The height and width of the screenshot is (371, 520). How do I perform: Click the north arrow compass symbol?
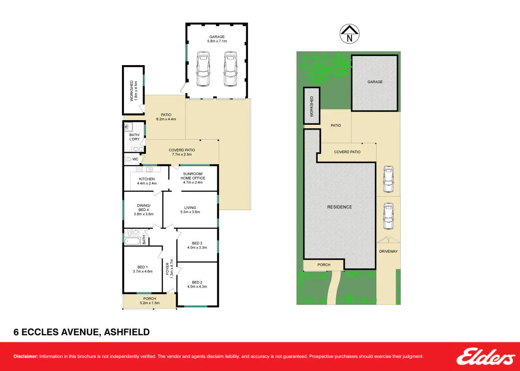click(x=350, y=33)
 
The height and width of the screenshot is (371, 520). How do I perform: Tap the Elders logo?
click(x=486, y=357)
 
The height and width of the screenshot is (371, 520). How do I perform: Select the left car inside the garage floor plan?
click(x=203, y=69)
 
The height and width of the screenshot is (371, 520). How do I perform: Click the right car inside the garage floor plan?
click(x=230, y=69)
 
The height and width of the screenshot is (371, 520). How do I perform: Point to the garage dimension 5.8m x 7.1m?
click(x=217, y=41)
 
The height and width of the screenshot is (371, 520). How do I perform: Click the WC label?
click(x=135, y=159)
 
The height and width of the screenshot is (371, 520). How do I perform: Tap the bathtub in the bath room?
click(x=133, y=241)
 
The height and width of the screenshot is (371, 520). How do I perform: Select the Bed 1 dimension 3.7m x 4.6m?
click(x=143, y=272)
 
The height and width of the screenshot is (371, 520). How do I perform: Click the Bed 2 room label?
click(x=197, y=282)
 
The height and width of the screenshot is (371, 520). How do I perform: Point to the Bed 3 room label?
click(x=197, y=243)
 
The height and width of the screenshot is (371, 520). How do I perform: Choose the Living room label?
click(x=190, y=208)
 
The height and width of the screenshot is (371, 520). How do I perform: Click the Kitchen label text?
click(x=147, y=179)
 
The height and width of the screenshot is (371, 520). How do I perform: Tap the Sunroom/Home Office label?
click(x=192, y=176)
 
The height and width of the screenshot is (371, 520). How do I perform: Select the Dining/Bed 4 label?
click(x=144, y=208)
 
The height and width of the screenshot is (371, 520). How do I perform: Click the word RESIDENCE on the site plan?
click(x=340, y=207)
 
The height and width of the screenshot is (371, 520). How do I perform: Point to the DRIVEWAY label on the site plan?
click(x=389, y=252)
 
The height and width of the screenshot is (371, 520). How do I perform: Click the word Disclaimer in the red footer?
click(x=26, y=357)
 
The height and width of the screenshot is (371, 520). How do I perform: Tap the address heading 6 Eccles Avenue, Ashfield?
click(x=82, y=332)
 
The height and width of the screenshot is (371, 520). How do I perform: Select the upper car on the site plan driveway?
click(x=388, y=179)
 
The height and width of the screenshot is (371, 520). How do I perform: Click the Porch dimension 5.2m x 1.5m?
click(x=150, y=303)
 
